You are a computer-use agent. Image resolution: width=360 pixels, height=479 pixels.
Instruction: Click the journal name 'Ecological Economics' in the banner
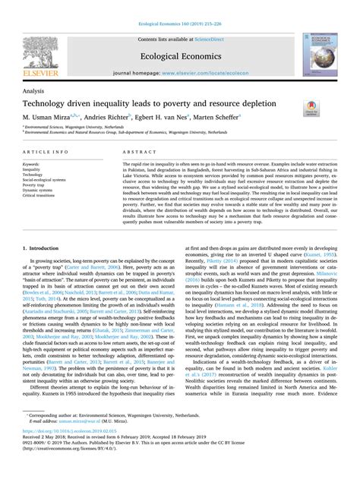tap(179, 55)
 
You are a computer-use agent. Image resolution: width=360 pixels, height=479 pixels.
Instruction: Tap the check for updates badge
tap(311, 107)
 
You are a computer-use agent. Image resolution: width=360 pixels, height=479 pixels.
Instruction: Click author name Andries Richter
tap(125, 118)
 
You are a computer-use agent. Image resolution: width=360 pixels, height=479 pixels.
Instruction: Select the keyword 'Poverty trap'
tap(34, 184)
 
